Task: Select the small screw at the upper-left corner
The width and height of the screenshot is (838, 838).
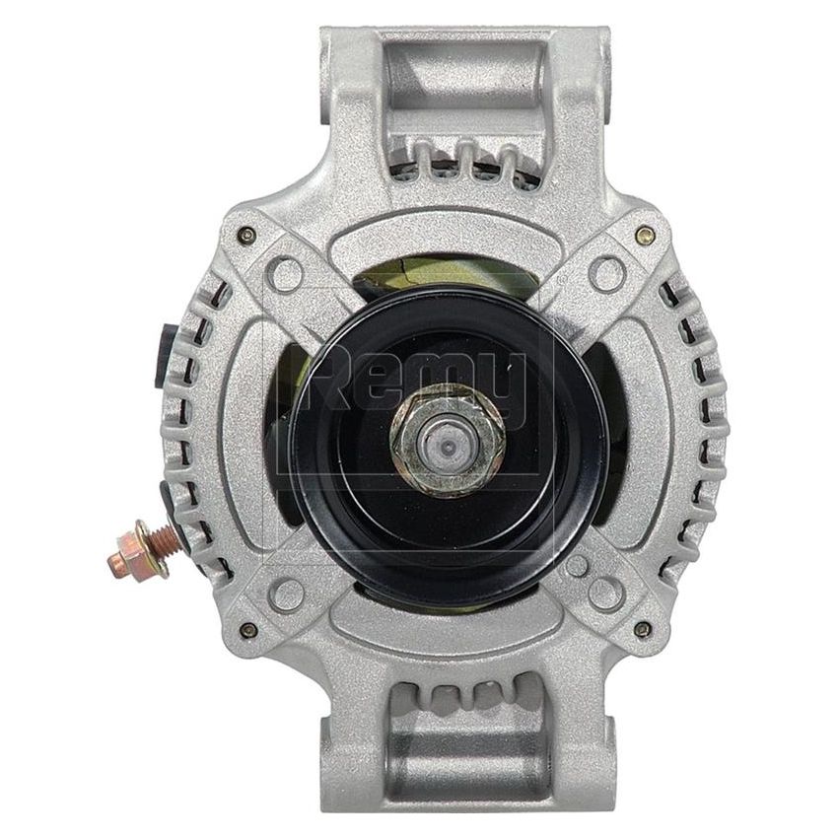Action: [246, 234]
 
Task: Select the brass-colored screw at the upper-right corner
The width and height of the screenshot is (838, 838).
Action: [644, 235]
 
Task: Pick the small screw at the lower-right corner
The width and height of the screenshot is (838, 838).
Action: [643, 628]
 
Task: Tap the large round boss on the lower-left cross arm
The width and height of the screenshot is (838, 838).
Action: [286, 592]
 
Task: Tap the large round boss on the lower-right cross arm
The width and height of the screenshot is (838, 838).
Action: [602, 592]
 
